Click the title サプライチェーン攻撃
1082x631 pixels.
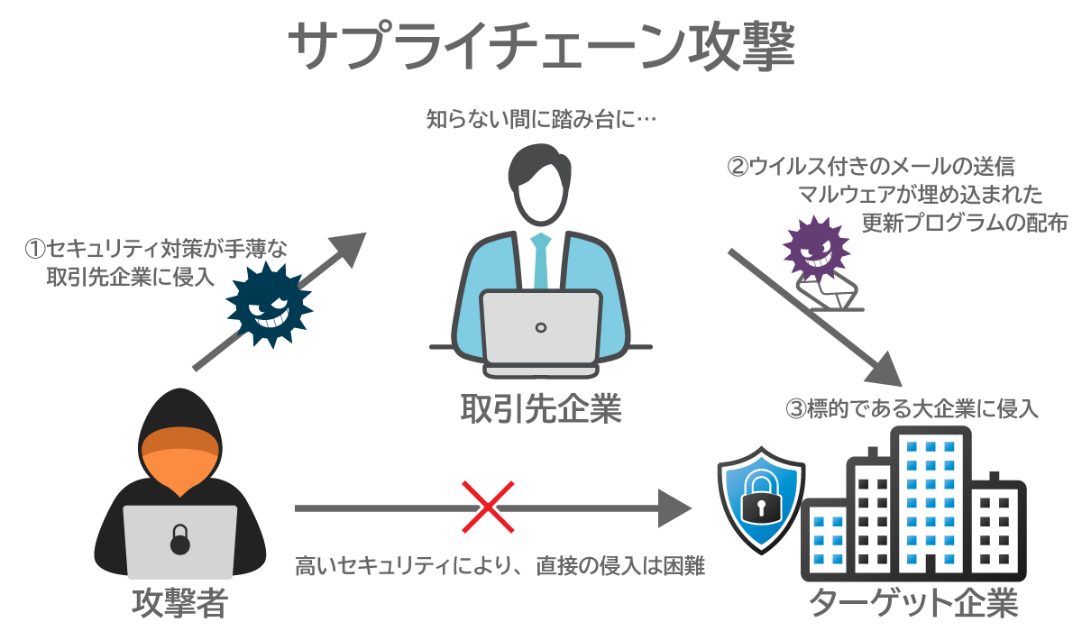[x=541, y=47]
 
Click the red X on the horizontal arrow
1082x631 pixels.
[x=488, y=508]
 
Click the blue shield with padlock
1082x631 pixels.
[x=759, y=504]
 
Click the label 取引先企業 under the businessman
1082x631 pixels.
[x=541, y=409]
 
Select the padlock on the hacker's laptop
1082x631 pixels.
[x=180, y=541]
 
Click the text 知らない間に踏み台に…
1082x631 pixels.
[x=538, y=118]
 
